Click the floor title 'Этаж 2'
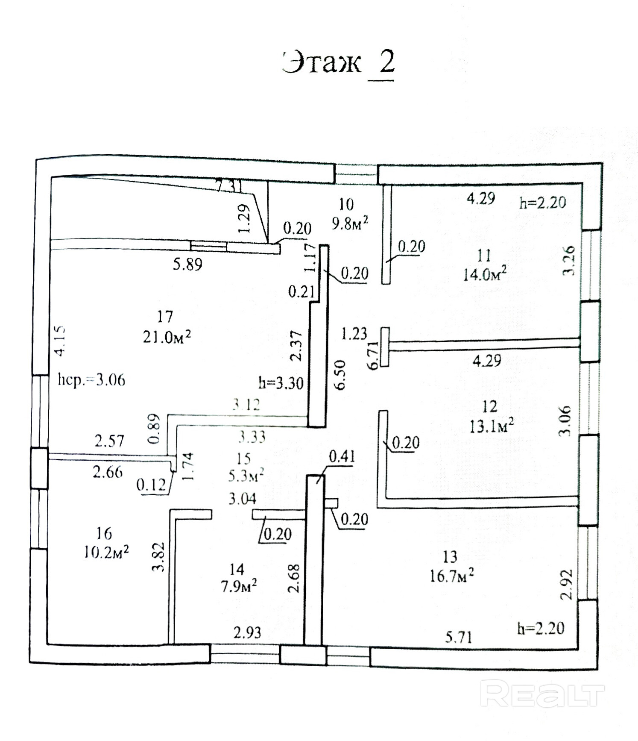[338, 64]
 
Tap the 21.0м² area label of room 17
[167, 337]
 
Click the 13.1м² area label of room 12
[491, 426]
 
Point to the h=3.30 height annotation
[281, 383]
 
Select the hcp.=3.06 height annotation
[91, 379]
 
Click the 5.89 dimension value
[187, 265]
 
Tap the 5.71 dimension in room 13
[458, 638]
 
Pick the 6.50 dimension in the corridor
[341, 374]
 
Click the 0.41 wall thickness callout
[342, 457]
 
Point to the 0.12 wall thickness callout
[151, 485]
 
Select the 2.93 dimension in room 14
[247, 632]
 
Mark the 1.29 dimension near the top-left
[244, 218]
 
